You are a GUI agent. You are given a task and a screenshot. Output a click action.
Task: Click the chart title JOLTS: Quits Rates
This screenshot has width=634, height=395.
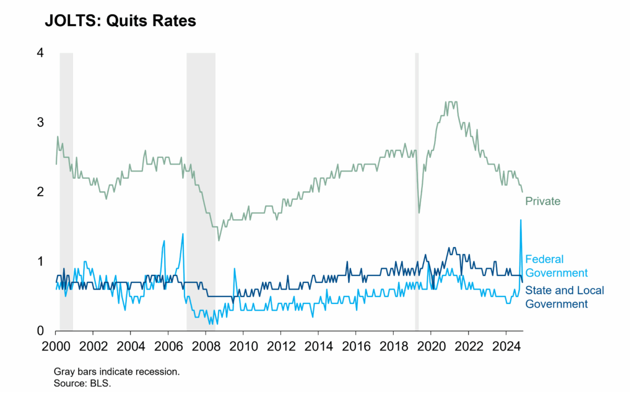coord(120,21)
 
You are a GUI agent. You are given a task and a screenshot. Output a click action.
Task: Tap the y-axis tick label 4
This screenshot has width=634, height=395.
coord(40,53)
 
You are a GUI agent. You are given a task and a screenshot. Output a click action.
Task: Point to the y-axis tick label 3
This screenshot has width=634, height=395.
coord(40,123)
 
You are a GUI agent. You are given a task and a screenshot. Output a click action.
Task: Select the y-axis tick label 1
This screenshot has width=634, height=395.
coord(40,261)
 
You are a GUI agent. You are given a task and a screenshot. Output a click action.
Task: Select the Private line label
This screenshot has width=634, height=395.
coord(542,201)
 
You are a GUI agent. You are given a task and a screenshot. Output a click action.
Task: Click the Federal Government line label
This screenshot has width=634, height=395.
coord(556,266)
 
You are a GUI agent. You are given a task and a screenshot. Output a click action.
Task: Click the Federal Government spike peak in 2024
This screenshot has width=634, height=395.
coord(521,220)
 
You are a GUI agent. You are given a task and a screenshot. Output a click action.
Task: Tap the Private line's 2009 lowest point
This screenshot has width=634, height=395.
coord(219,240)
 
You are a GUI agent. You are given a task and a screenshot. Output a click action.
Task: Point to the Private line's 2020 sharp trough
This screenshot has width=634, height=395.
coord(419,212)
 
